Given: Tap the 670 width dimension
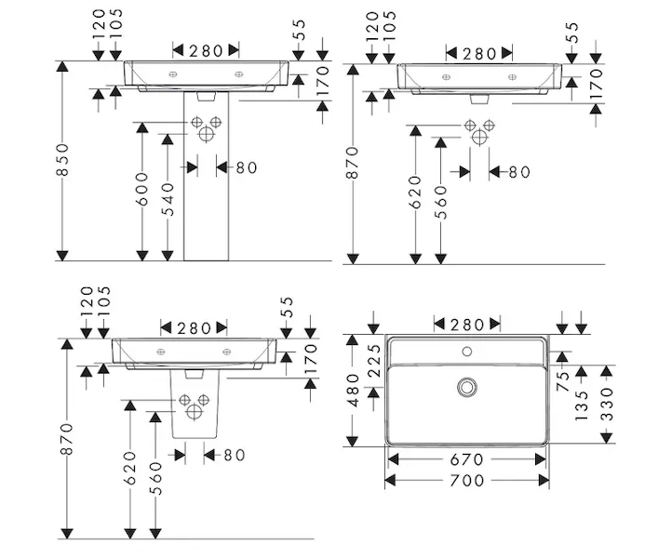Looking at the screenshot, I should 465,460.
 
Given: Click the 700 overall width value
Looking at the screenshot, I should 465,481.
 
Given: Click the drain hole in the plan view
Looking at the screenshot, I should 466,386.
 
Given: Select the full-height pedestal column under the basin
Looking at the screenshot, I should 206,177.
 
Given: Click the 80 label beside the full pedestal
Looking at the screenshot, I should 246,167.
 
